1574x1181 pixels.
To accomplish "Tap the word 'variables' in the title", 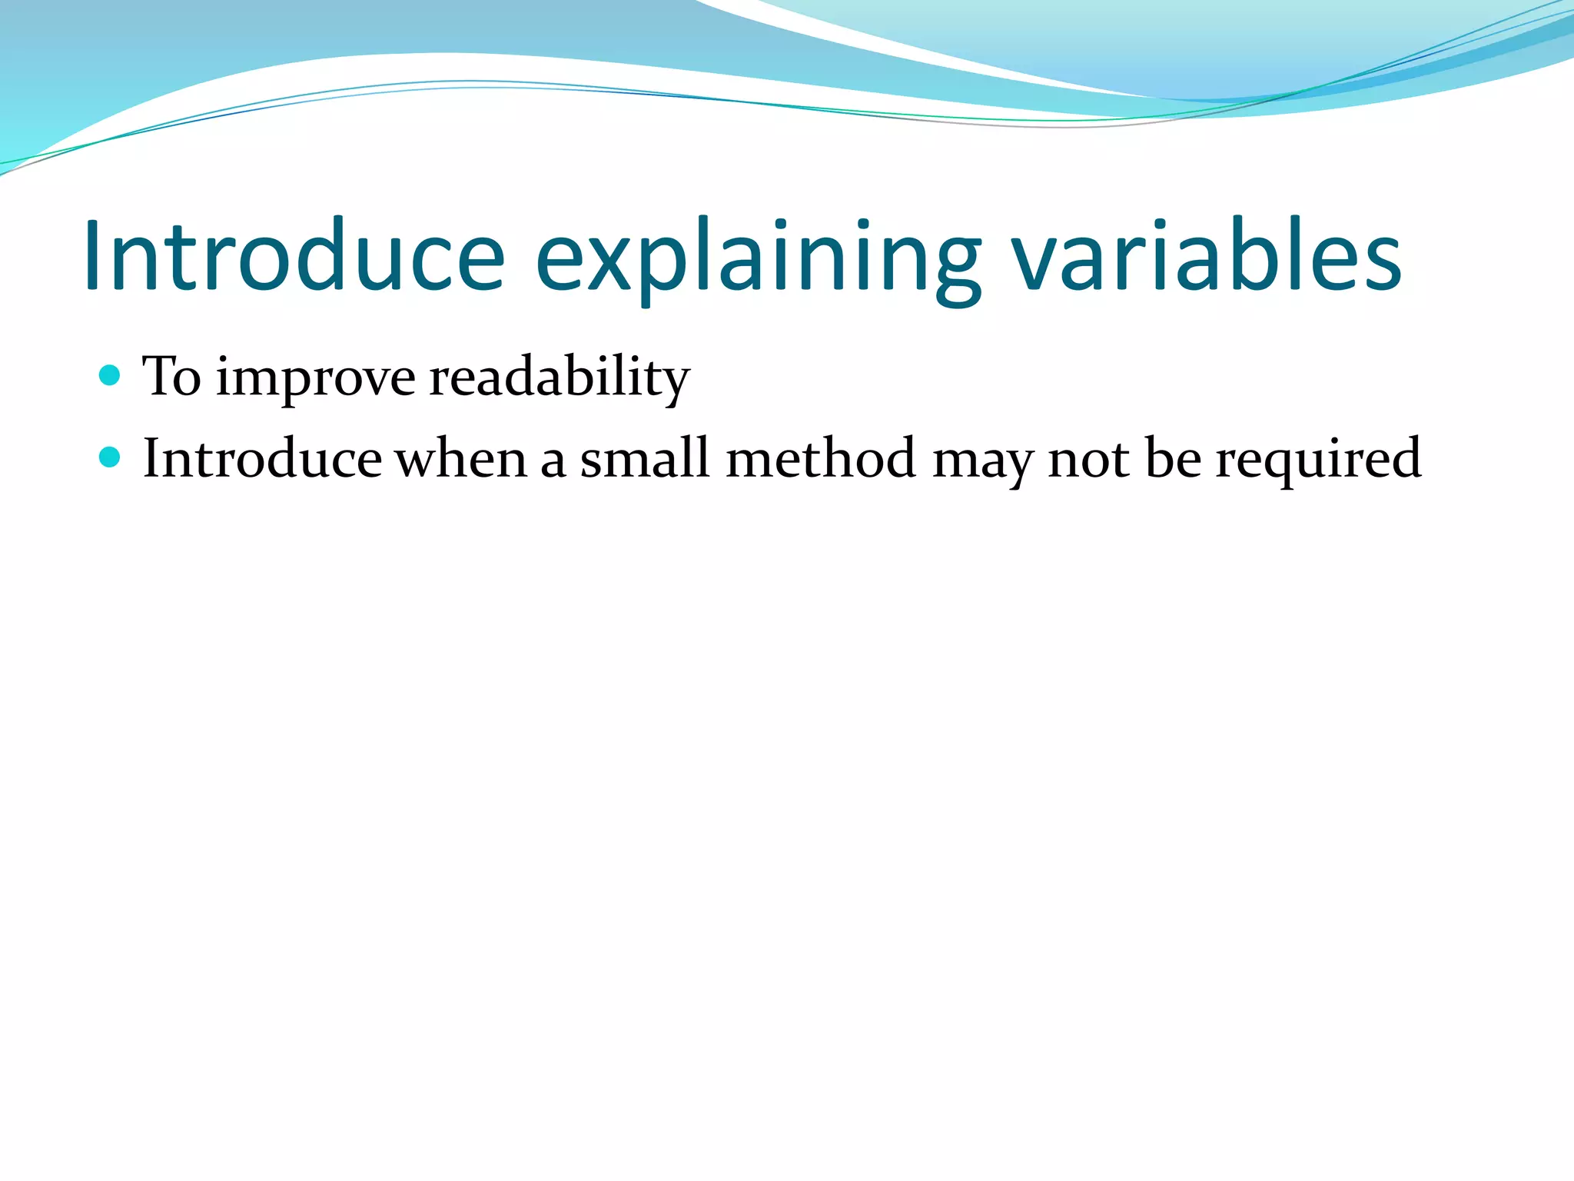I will click(1207, 255).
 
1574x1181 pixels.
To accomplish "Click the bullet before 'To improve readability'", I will click(111, 375).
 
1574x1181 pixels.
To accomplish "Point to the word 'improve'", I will click(315, 378).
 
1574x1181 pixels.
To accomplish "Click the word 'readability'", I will click(559, 377).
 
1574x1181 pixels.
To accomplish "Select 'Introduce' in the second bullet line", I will click(262, 459).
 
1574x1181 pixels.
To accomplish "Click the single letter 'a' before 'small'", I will click(553, 461).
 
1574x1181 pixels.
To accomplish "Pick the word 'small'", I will click(644, 459).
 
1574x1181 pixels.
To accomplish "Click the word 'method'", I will click(821, 459).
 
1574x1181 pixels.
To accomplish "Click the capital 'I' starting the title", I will click(95, 255).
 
